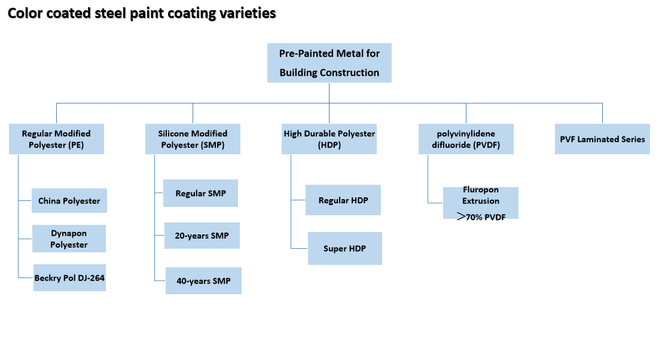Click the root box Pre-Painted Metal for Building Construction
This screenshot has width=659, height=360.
click(x=329, y=63)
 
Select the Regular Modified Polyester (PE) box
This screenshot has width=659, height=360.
click(x=56, y=139)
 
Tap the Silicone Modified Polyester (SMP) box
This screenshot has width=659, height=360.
click(x=193, y=139)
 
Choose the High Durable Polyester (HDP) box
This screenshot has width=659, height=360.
click(x=329, y=139)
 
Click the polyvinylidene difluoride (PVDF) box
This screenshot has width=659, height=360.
click(x=466, y=139)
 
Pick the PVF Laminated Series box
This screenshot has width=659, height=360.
click(x=602, y=139)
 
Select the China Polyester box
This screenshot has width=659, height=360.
click(x=69, y=201)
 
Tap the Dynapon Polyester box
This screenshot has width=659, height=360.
click(x=69, y=239)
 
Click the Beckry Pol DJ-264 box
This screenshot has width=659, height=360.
click(x=70, y=277)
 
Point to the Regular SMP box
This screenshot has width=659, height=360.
click(x=200, y=193)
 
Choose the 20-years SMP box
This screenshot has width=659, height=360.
click(x=202, y=236)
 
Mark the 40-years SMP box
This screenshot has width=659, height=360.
click(x=203, y=280)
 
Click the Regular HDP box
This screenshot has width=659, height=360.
click(x=343, y=200)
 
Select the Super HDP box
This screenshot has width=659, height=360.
click(x=345, y=248)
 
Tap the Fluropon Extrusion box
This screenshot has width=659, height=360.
click(x=481, y=203)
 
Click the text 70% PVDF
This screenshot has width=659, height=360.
click(x=486, y=217)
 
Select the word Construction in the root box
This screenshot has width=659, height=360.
click(x=350, y=73)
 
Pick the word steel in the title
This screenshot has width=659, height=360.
click(x=110, y=13)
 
